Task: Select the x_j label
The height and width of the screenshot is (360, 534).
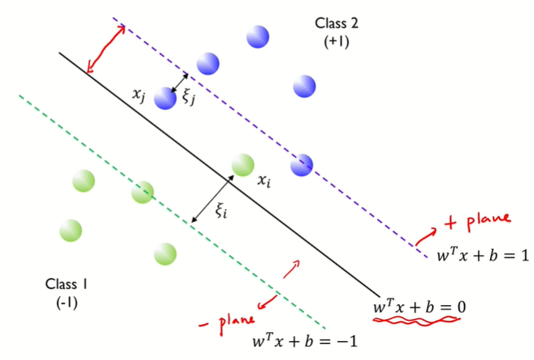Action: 139,93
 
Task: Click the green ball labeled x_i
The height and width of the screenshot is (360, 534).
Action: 243,165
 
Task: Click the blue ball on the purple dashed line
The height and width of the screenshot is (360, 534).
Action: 301,166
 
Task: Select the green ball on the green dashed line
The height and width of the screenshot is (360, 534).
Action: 142,192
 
